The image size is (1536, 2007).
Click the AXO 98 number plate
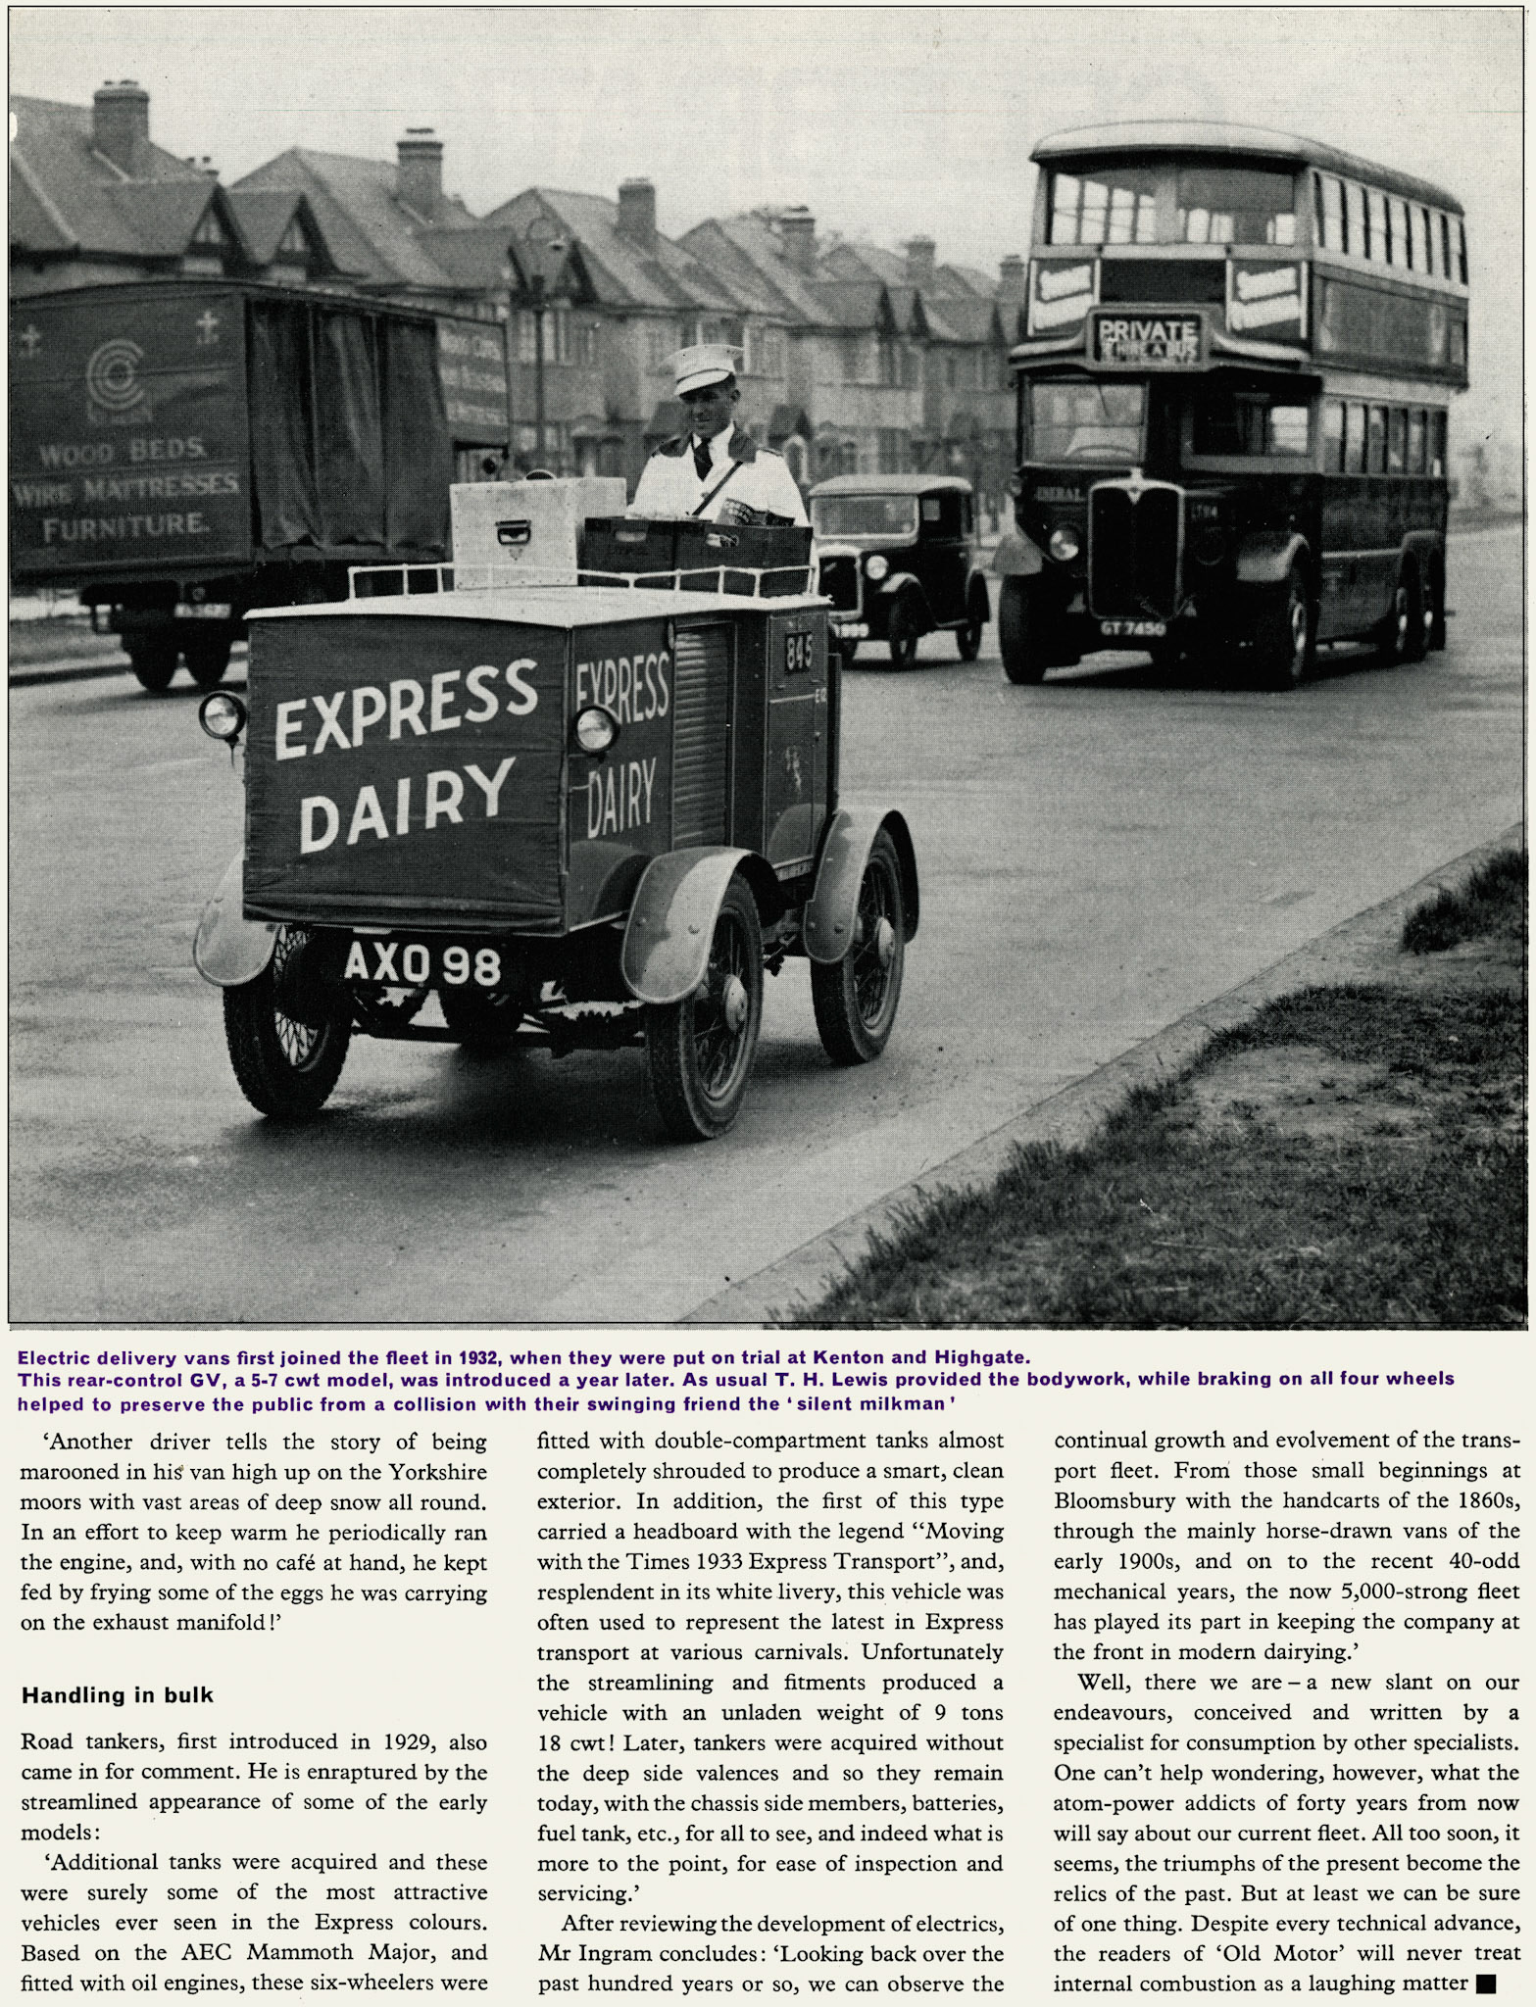click(422, 964)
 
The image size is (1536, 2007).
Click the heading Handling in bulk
click(118, 1694)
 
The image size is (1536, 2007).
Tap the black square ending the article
click(1485, 1984)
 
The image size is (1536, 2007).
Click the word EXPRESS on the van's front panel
click(406, 707)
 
